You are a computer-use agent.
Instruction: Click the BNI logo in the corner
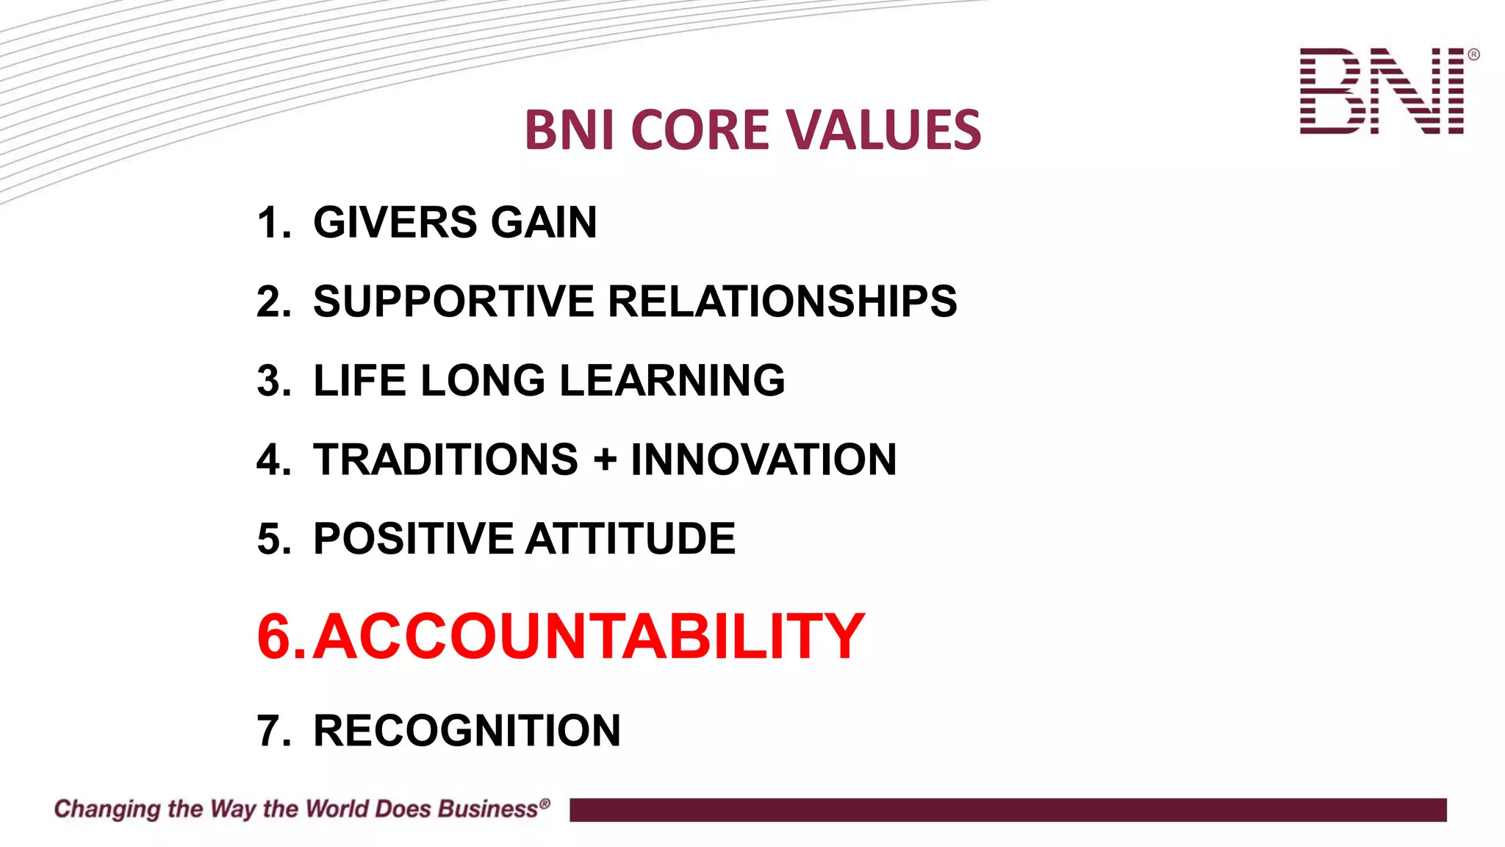point(1385,91)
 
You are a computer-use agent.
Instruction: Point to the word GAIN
point(544,222)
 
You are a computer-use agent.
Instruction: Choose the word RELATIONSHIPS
point(782,301)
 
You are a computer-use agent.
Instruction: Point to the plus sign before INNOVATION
point(604,460)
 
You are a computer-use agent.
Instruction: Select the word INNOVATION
point(764,460)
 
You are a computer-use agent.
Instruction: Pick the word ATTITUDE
point(631,538)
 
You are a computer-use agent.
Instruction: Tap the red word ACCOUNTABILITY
point(589,636)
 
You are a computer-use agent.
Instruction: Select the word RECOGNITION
point(467,731)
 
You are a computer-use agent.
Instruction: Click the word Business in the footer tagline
point(488,809)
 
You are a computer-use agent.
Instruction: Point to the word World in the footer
point(339,809)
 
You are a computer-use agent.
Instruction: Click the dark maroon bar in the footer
point(1007,810)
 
